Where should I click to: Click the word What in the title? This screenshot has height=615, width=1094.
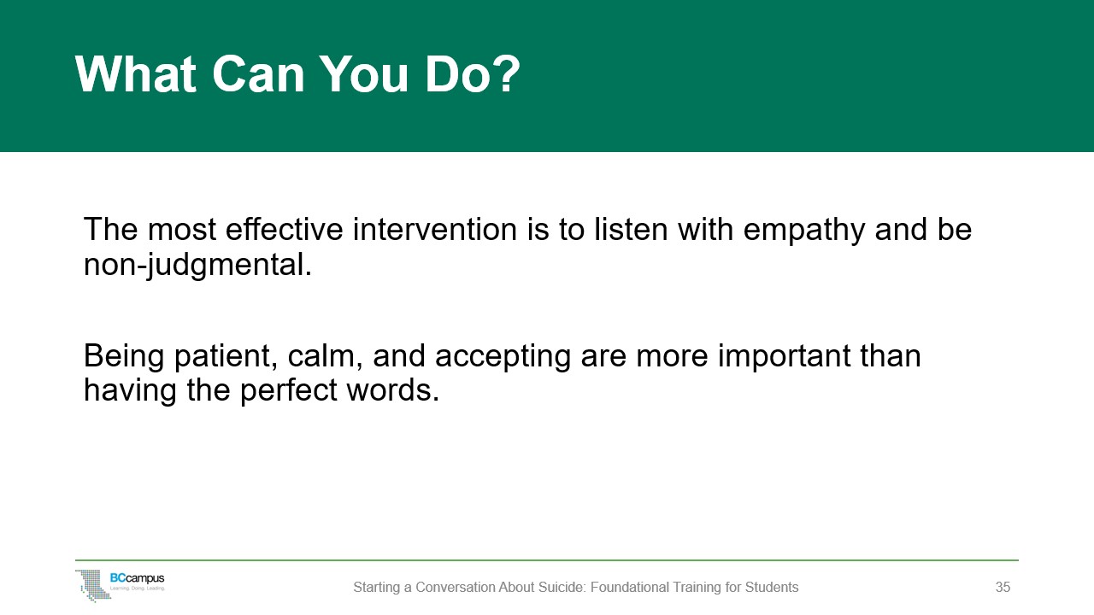136,73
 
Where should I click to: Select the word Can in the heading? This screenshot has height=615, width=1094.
258,73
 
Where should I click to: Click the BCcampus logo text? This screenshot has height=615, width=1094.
138,579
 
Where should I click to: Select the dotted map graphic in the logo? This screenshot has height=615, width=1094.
93,585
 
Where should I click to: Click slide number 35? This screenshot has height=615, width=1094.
1003,587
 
